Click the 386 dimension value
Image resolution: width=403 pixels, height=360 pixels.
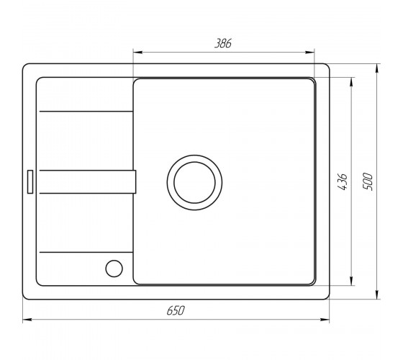click(223, 43)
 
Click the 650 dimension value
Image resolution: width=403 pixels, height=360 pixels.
click(176, 310)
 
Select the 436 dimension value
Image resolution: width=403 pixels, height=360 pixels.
click(343, 182)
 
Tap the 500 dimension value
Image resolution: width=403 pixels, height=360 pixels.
click(368, 181)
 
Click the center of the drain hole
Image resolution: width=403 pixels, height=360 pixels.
click(194, 183)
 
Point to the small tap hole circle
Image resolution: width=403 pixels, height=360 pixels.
click(114, 269)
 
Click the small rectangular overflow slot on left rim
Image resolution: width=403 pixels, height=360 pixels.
click(30, 181)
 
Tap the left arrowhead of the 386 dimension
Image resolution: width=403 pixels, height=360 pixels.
click(137, 53)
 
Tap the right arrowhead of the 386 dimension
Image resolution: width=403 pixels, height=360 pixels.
click(309, 53)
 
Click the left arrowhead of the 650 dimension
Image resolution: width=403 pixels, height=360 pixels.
click(27, 320)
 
